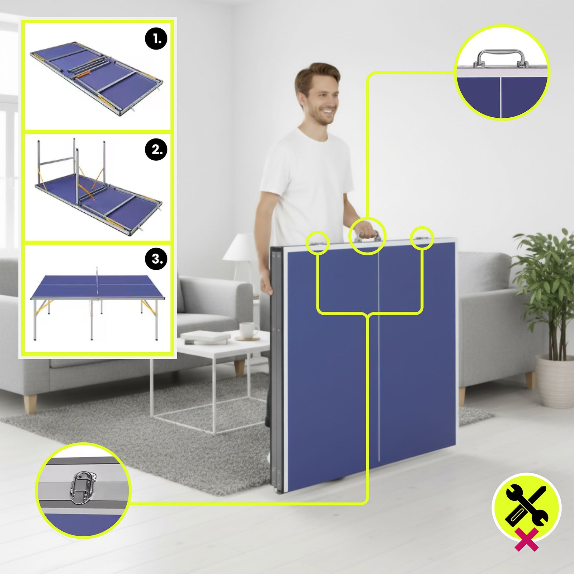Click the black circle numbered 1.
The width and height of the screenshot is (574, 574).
[156, 38]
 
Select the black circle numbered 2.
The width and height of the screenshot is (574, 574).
[156, 149]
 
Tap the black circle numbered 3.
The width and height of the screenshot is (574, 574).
[156, 259]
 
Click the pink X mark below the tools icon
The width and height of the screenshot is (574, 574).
[527, 539]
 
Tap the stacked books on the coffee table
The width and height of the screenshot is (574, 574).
[205, 338]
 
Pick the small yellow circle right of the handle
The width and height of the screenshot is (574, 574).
[422, 238]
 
